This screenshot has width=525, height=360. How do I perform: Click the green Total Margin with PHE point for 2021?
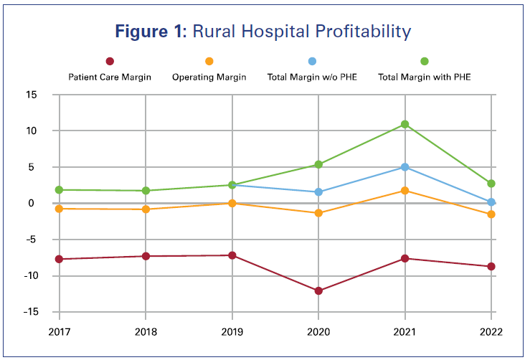[x=405, y=124]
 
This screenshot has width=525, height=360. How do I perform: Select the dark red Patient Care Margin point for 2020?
[x=318, y=290]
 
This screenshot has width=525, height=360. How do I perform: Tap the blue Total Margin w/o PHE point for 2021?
[x=405, y=167]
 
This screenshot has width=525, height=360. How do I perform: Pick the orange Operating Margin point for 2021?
[x=405, y=191]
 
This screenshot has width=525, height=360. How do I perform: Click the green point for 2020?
[x=318, y=164]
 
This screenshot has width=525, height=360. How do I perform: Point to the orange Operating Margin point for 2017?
[x=60, y=209]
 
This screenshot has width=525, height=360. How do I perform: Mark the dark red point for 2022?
[x=491, y=267]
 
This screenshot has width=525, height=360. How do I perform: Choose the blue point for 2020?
[x=318, y=192]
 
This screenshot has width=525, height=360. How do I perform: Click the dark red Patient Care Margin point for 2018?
[x=146, y=256]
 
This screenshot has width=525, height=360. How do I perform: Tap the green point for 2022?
[x=491, y=184]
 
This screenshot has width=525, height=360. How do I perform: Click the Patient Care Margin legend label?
[x=110, y=77]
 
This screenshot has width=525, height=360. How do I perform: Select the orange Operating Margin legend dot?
[x=209, y=62]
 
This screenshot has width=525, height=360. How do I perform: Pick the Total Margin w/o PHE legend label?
[x=311, y=77]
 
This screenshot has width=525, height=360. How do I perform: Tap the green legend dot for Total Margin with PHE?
[x=425, y=62]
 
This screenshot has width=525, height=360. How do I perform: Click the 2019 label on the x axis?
[x=232, y=332]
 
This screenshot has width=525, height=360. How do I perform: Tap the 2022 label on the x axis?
[x=491, y=332]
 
